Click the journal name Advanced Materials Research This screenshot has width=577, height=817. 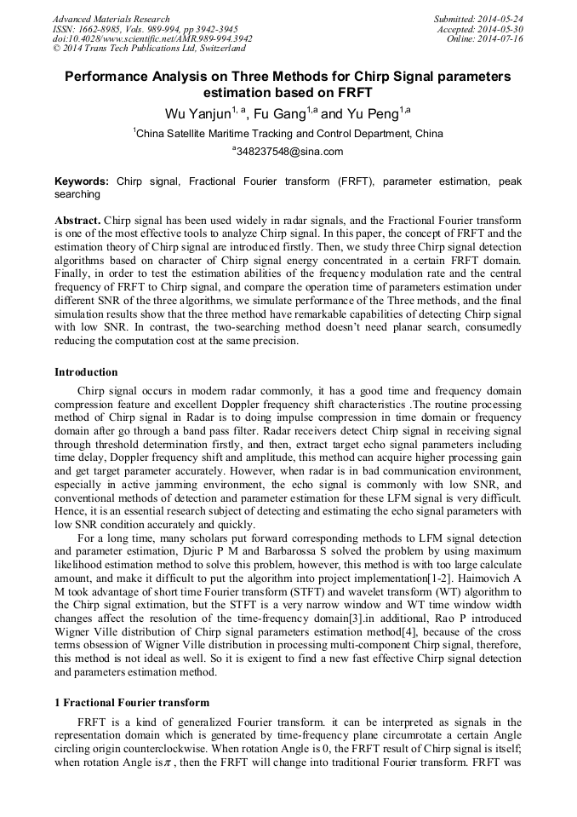pyautogui.click(x=111, y=19)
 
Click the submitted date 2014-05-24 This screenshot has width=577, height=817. pyautogui.click(x=501, y=19)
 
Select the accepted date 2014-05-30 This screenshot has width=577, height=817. pyautogui.click(x=501, y=29)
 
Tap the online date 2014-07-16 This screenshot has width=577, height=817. pyautogui.click(x=501, y=39)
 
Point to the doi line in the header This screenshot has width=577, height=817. pyautogui.click(x=152, y=39)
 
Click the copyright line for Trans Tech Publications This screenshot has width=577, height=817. pyautogui.click(x=149, y=49)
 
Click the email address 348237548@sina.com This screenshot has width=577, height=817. pyautogui.click(x=290, y=152)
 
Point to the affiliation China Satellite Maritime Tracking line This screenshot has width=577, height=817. pyautogui.click(x=289, y=133)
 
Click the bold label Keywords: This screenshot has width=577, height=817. pyautogui.click(x=82, y=181)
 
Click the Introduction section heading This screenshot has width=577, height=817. pyautogui.click(x=86, y=372)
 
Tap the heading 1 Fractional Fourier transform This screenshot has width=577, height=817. pyautogui.click(x=131, y=703)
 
